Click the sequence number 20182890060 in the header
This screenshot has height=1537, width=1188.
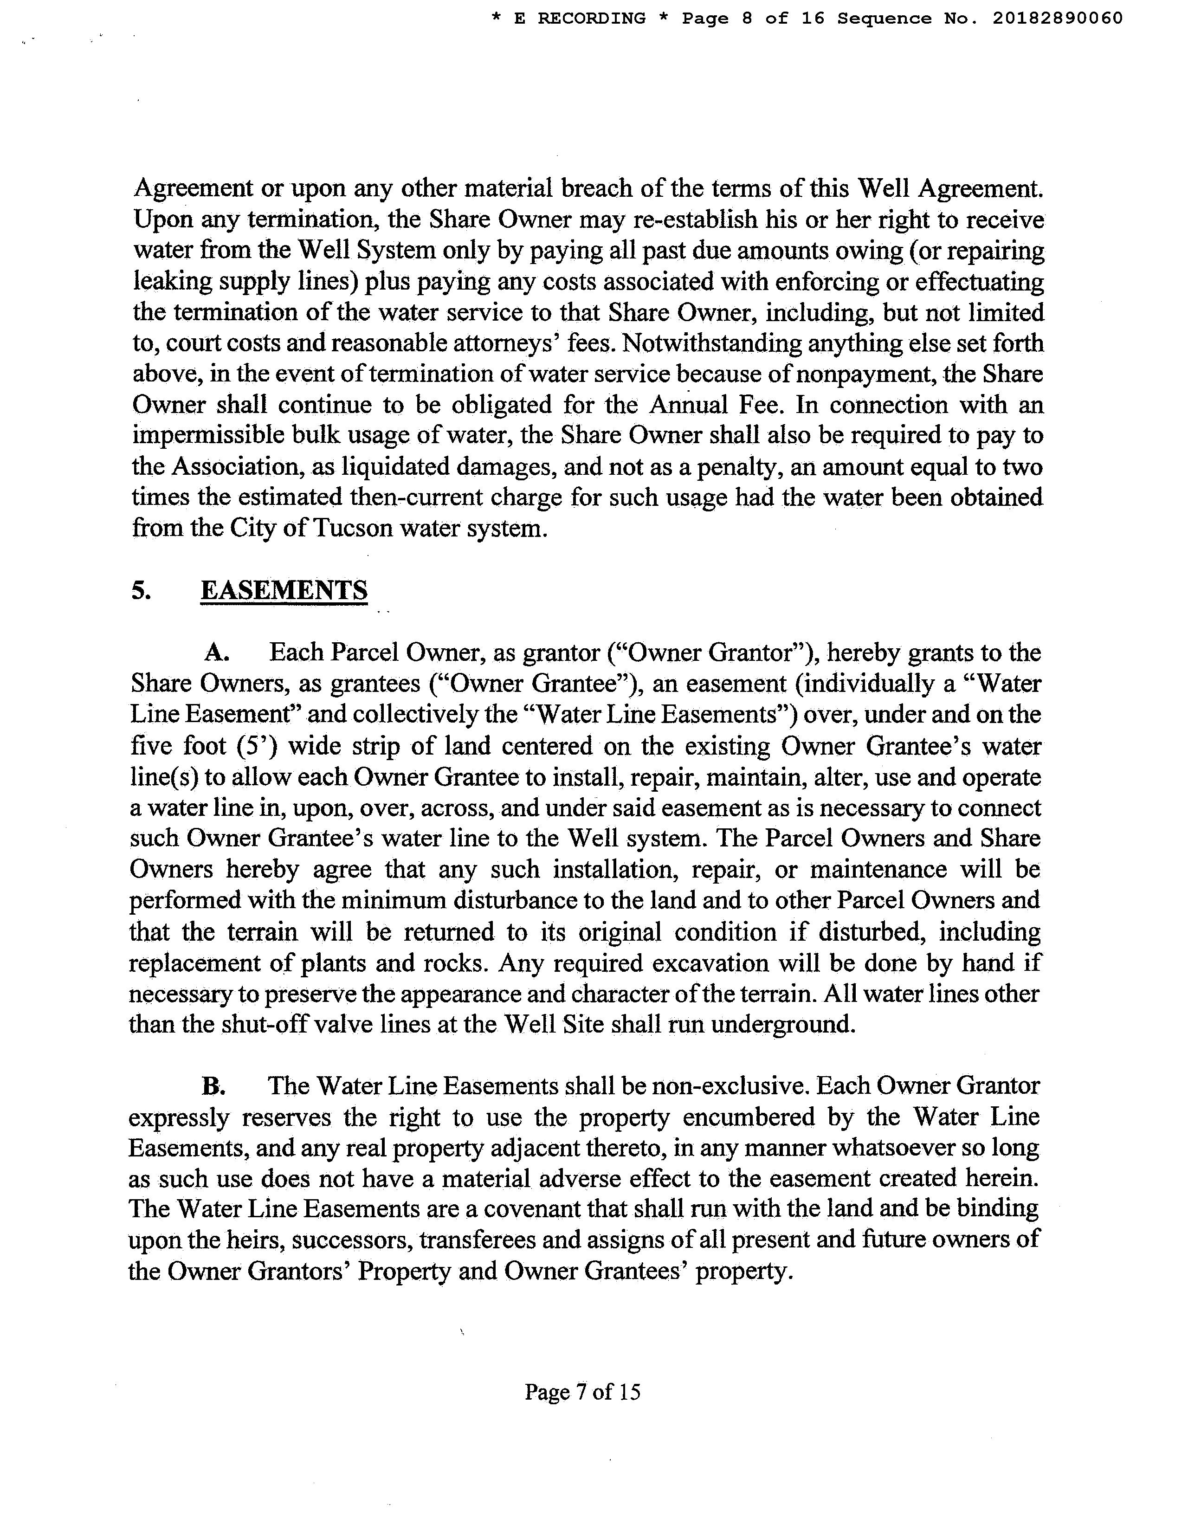pos(1057,18)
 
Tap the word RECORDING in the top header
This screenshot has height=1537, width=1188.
pos(591,18)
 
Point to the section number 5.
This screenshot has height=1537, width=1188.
pos(140,590)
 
